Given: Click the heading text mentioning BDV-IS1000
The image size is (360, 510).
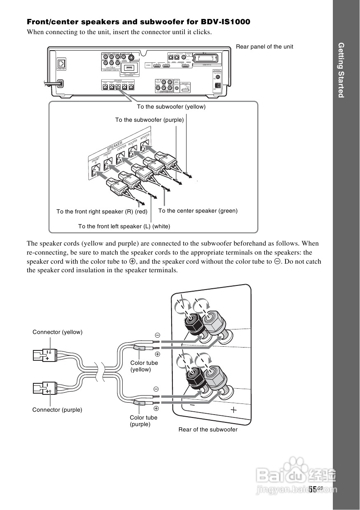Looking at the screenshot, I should pyautogui.click(x=138, y=21).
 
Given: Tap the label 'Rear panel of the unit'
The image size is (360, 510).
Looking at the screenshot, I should pyautogui.click(x=265, y=46).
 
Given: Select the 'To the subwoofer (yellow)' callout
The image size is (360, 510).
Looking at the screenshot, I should pyautogui.click(x=171, y=107).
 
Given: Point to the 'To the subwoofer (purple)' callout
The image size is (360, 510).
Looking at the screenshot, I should pyautogui.click(x=149, y=120).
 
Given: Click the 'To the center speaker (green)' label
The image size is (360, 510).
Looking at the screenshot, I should pyautogui.click(x=198, y=211).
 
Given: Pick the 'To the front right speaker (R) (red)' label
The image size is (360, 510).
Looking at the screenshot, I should pyautogui.click(x=102, y=211).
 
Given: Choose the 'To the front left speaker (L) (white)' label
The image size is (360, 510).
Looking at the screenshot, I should pyautogui.click(x=124, y=226).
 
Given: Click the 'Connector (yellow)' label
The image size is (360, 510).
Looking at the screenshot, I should pyautogui.click(x=58, y=332).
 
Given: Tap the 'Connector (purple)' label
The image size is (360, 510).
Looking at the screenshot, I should pyautogui.click(x=57, y=410).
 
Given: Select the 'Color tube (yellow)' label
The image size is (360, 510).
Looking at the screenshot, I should pyautogui.click(x=144, y=366).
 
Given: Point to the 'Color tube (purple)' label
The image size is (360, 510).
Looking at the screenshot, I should pyautogui.click(x=144, y=421).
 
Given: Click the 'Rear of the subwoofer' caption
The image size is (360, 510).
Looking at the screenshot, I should pyautogui.click(x=208, y=429).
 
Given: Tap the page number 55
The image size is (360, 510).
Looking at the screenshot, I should pyautogui.click(x=313, y=489).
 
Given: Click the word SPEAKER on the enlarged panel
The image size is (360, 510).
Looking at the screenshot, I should pyautogui.click(x=115, y=146).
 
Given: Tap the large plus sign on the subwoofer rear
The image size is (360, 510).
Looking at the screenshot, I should pyautogui.click(x=234, y=409).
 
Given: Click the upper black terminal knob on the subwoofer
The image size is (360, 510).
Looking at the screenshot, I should pyautogui.click(x=192, y=320).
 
